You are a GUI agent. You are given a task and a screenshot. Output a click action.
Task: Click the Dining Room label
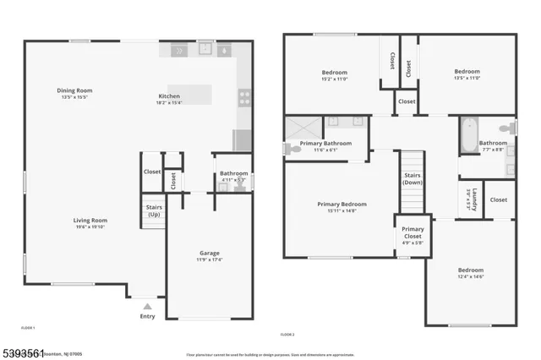tap(74, 90)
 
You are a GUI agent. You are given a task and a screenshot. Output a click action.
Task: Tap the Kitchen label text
tap(170, 95)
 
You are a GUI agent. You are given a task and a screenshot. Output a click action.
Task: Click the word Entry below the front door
tap(148, 317)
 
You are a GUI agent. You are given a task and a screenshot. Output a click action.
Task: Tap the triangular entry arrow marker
tap(148, 306)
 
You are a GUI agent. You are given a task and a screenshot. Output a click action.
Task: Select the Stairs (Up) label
tap(154, 210)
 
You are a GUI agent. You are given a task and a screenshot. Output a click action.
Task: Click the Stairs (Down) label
tap(413, 178)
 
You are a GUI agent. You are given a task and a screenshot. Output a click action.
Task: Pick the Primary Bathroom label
tap(325, 144)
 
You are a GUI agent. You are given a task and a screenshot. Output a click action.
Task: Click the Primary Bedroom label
tap(342, 204)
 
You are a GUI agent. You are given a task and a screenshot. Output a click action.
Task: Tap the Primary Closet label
tap(413, 232)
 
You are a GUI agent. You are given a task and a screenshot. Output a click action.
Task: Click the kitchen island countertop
tap(189, 94)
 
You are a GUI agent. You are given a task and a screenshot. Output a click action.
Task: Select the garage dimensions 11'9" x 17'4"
tap(210, 259)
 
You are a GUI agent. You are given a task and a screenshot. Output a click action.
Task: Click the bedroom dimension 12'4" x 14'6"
tap(471, 277)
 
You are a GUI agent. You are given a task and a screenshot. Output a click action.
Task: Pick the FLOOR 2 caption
tap(287, 335)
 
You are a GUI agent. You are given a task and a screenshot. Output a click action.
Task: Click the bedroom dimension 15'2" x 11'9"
tap(334, 79)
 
